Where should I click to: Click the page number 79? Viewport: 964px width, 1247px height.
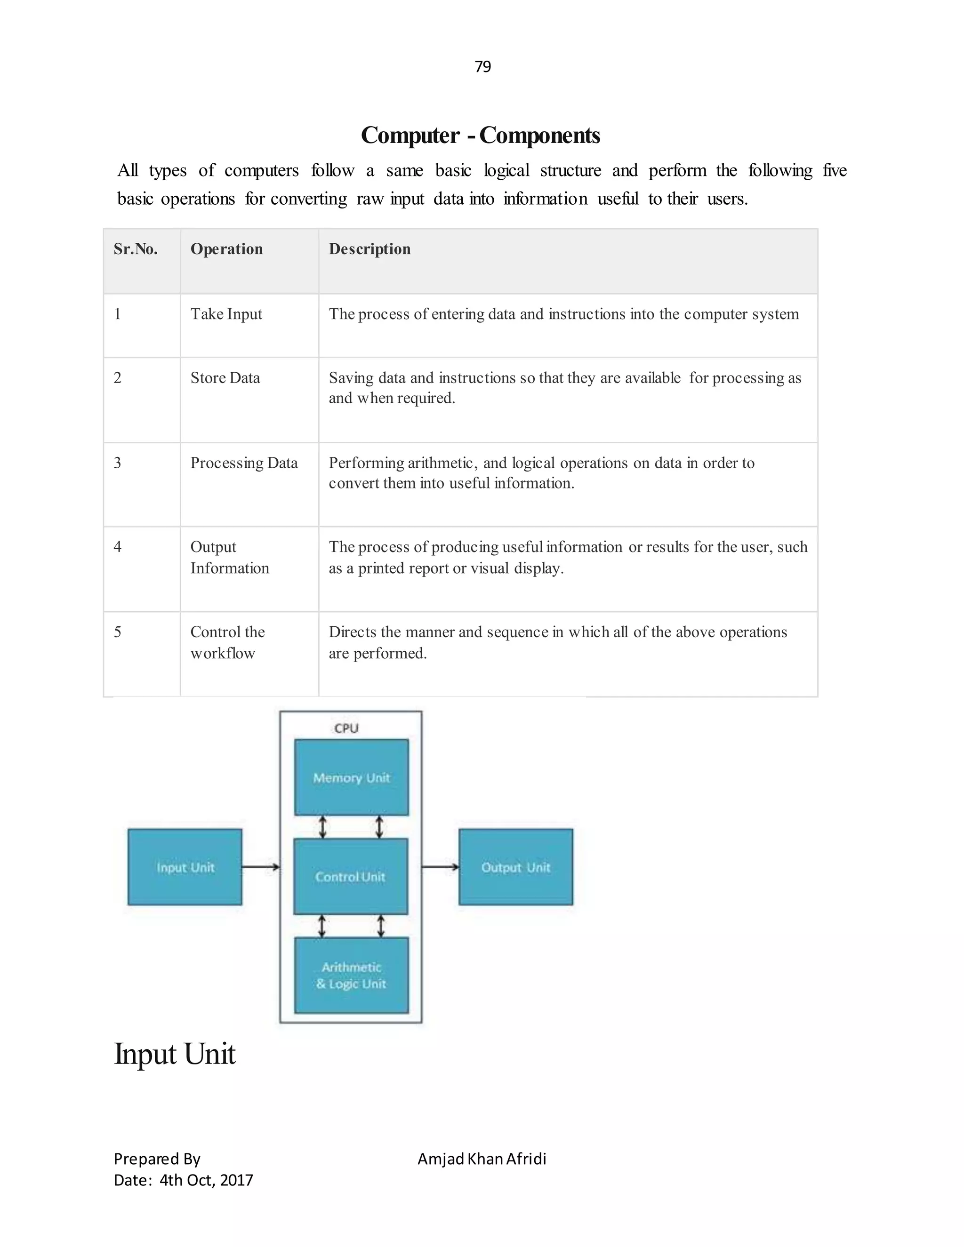[482, 67]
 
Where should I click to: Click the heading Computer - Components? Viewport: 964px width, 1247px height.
[480, 136]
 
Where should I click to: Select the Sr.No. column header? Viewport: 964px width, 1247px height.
[136, 249]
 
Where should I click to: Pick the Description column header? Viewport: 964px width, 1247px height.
[370, 249]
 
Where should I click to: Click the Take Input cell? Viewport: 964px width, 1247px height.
[226, 314]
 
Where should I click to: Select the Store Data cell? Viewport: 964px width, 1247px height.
[225, 378]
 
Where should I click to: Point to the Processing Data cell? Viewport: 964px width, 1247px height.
[244, 463]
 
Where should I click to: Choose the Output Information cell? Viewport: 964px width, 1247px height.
[229, 557]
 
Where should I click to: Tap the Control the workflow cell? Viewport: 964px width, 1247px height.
[227, 642]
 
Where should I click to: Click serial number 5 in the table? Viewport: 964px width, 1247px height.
[118, 632]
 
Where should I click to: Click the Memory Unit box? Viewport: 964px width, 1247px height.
[351, 778]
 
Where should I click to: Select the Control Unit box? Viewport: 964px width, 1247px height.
[351, 877]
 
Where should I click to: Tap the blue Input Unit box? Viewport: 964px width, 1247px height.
[185, 867]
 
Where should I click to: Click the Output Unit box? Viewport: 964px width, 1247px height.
[516, 867]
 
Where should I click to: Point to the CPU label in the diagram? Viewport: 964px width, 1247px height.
[346, 728]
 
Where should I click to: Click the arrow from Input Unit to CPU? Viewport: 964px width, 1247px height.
[260, 867]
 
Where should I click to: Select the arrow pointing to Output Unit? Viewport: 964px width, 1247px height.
[440, 867]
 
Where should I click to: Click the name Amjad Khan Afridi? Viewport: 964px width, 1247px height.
[482, 1159]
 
